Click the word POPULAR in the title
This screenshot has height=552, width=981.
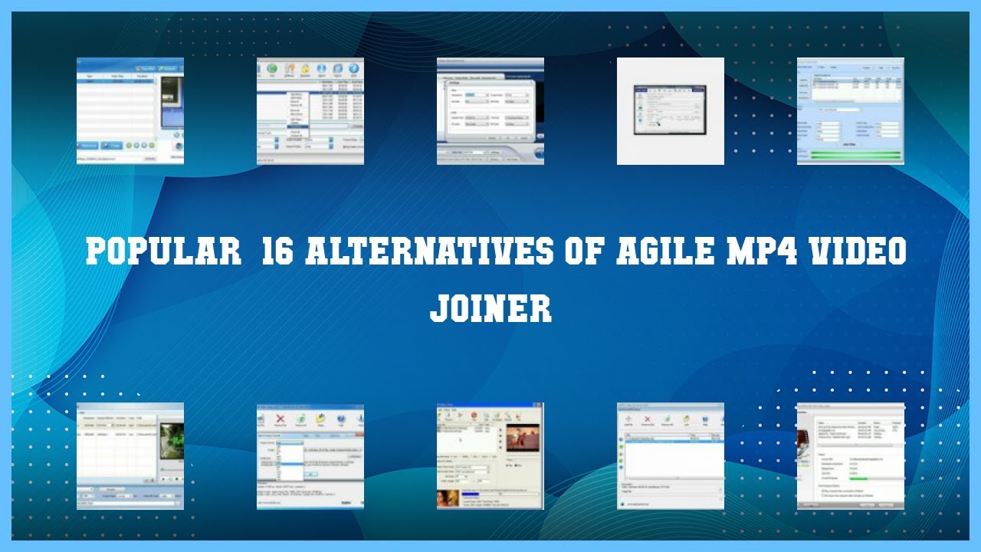(x=164, y=251)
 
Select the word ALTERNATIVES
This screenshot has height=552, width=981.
(x=428, y=251)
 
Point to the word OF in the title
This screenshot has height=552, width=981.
(x=585, y=251)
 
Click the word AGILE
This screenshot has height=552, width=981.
(x=668, y=251)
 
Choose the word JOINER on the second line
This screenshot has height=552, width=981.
(x=490, y=307)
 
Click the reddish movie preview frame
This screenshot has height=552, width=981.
(x=523, y=438)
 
